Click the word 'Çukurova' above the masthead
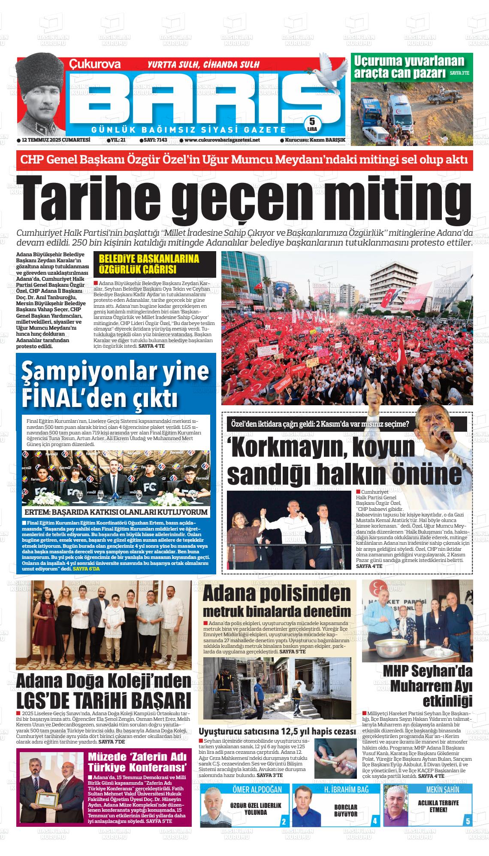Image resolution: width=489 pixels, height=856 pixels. (x=95, y=64)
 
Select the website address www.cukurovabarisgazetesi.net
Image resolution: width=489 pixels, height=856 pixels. (x=220, y=140)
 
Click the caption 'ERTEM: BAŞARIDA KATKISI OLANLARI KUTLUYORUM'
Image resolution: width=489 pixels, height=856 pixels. (x=116, y=512)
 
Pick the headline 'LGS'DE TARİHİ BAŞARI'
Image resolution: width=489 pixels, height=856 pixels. (x=103, y=700)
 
